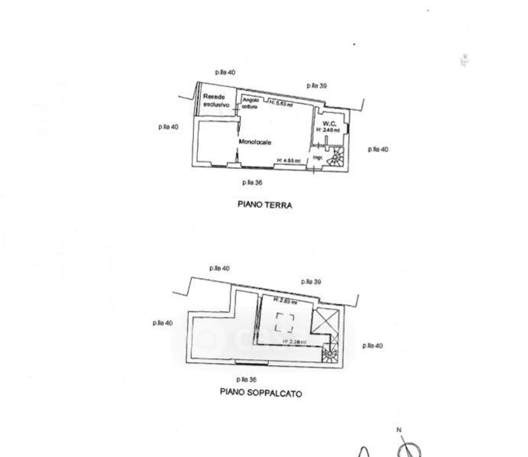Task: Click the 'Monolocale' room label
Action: [257, 141]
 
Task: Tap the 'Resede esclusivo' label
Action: [215, 100]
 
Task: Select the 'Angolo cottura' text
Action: [251, 104]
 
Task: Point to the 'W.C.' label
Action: [330, 123]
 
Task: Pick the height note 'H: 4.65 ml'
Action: [290, 160]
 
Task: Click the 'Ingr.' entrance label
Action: [317, 159]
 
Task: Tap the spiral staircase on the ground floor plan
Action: [335, 158]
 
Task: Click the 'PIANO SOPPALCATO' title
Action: [261, 394]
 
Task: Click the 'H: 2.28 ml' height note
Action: [294, 342]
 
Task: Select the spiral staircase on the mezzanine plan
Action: [330, 352]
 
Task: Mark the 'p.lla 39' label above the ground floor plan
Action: [317, 86]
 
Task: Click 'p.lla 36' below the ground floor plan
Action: [252, 183]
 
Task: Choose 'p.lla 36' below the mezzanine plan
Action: [246, 379]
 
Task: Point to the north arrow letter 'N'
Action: [399, 431]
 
